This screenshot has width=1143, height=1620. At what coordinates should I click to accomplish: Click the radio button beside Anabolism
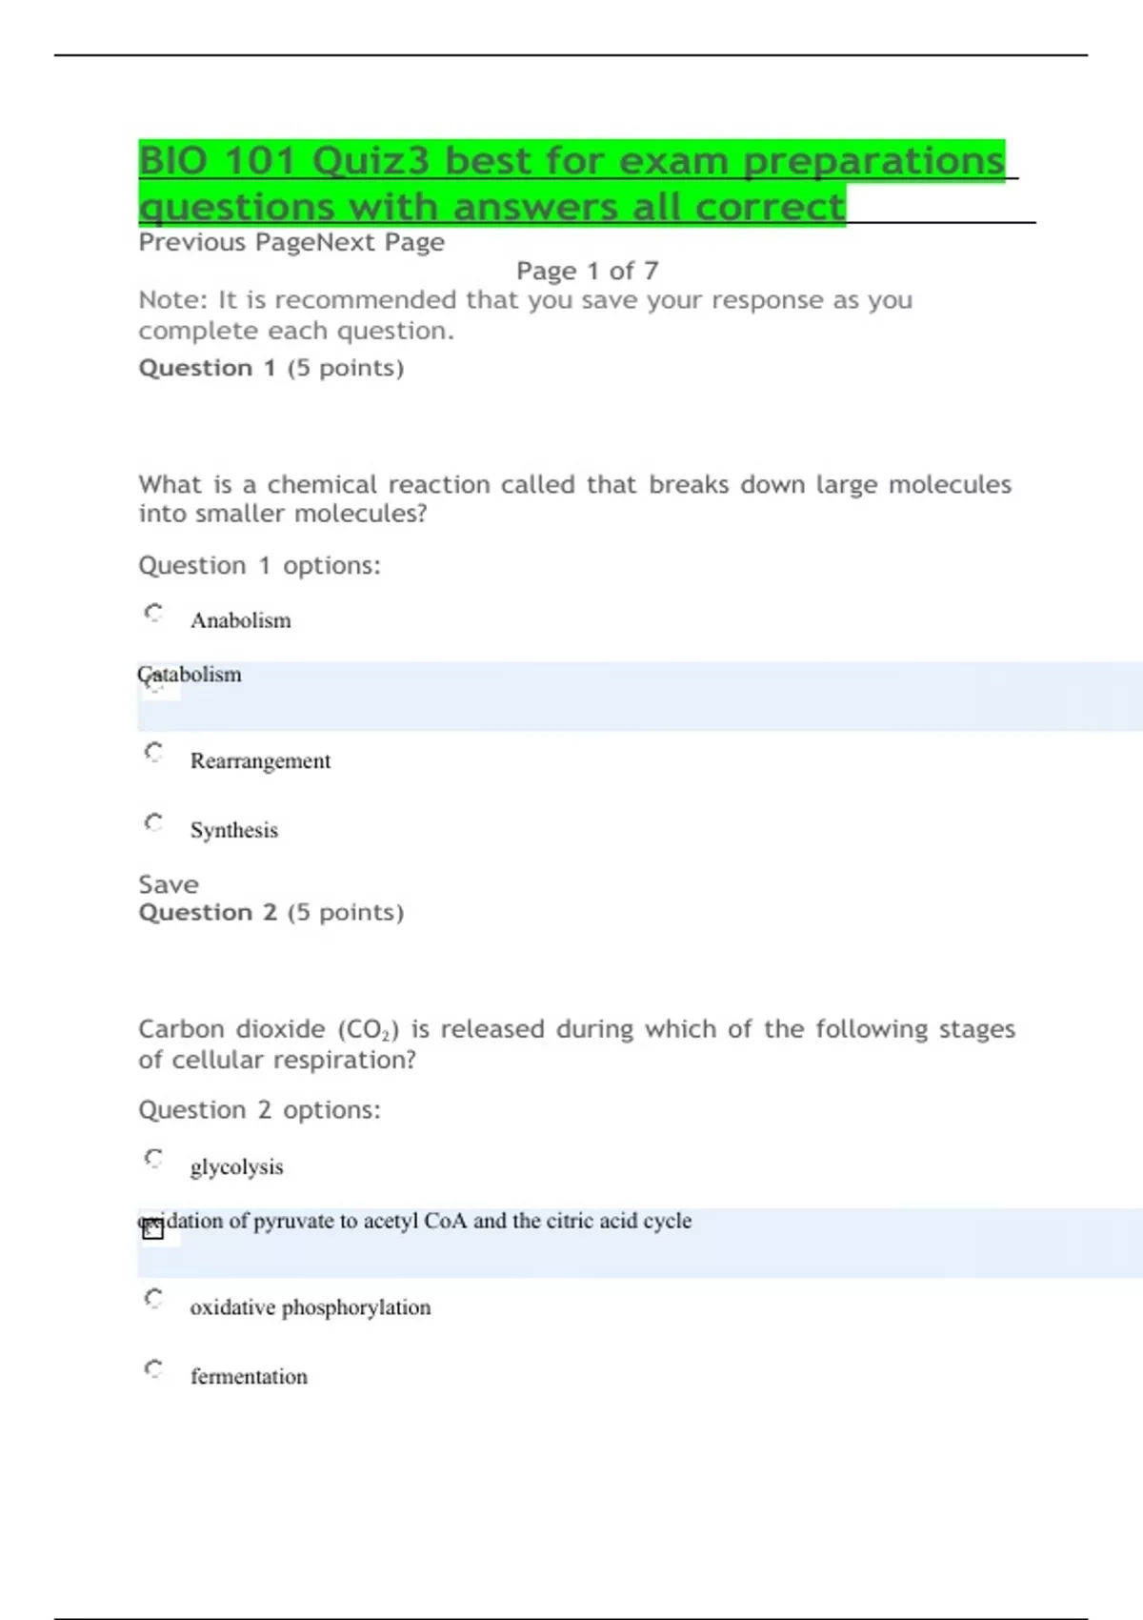click(153, 612)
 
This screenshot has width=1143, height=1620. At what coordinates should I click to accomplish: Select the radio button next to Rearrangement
click(153, 752)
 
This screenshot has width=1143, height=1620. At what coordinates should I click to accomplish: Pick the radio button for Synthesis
click(153, 821)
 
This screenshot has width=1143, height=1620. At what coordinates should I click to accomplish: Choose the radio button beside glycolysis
click(153, 1158)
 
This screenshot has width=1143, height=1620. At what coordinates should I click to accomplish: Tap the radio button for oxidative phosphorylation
click(153, 1298)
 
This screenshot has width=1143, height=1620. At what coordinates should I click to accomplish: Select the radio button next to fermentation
click(153, 1368)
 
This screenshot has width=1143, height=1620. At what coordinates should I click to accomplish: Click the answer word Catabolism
click(190, 675)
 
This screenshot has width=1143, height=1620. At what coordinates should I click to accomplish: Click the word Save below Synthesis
click(169, 884)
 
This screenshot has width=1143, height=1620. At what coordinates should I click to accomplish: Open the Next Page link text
click(380, 242)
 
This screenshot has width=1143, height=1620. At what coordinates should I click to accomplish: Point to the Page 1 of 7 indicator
click(587, 271)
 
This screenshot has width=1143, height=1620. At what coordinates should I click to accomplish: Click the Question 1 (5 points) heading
click(271, 368)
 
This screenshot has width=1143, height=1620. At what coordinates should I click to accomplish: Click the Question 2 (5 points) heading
click(271, 913)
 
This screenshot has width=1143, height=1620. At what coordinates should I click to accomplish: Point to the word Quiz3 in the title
click(371, 160)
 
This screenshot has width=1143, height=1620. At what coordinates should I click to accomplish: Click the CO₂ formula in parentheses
click(368, 1030)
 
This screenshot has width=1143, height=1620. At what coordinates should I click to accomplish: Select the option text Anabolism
click(241, 620)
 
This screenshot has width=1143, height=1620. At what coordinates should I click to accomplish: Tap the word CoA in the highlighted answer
click(445, 1221)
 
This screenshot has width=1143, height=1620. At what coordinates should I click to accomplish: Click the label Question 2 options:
click(259, 1110)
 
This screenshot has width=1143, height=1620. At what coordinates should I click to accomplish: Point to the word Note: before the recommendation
click(172, 300)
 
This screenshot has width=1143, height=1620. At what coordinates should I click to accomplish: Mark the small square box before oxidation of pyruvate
click(153, 1230)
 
